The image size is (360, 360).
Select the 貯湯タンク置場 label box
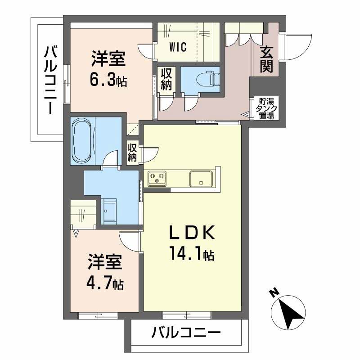coord(265,108)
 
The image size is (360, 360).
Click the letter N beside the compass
coord(273,293)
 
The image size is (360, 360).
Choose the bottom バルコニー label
coord(185,333)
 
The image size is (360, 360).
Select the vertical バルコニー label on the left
coord(50,79)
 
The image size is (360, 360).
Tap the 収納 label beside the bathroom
coord(132,152)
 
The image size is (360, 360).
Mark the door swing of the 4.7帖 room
coord(130,240)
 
